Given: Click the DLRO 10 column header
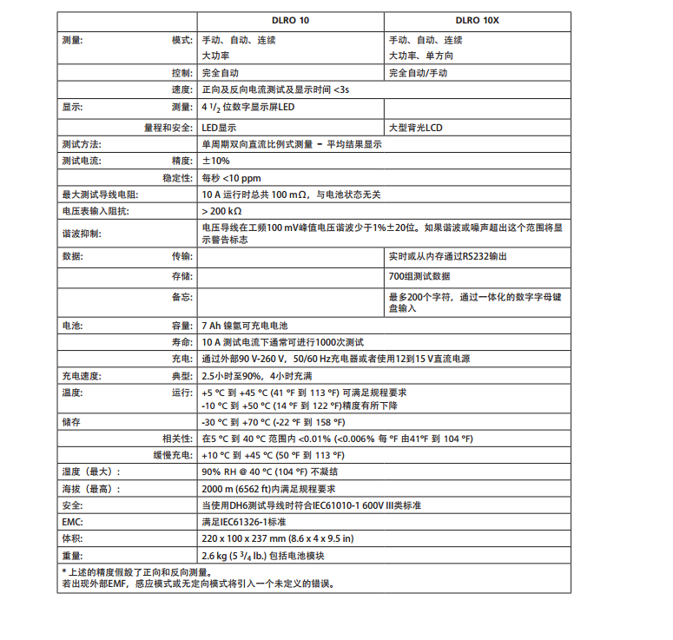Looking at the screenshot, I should click(x=291, y=20).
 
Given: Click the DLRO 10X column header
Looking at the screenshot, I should click(x=478, y=20).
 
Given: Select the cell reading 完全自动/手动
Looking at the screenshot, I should click(x=419, y=73).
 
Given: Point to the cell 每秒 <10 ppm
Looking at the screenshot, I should click(x=230, y=178).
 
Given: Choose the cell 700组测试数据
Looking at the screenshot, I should click(x=419, y=276).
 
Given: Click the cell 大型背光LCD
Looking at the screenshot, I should click(x=416, y=127).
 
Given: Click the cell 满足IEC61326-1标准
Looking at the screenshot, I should click(x=244, y=522).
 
